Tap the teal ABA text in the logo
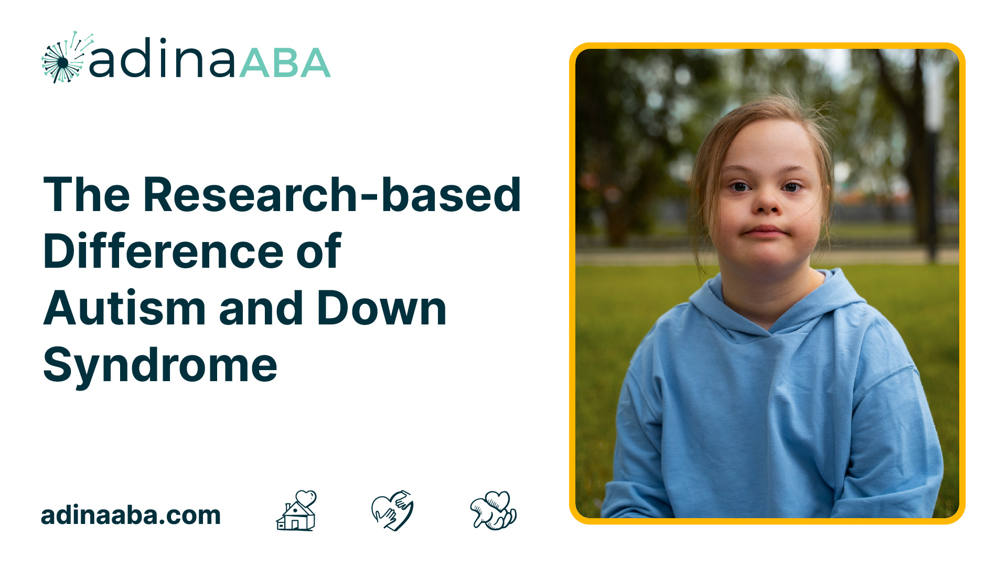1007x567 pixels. coord(285,63)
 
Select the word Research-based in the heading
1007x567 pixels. coord(332,195)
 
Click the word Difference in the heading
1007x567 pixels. coord(164,251)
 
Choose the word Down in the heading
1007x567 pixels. coord(382,308)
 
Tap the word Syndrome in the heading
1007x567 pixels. coord(160,366)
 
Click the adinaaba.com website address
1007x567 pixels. coord(131,515)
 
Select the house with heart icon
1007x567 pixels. coord(296,510)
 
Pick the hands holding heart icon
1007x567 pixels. coord(392,510)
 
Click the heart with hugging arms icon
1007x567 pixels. coord(494,510)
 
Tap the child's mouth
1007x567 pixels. coord(765,232)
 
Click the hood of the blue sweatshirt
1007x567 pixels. coord(776,304)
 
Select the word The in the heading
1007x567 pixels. coord(87,195)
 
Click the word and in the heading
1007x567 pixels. coord(261,308)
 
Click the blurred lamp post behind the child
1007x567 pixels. coord(932,157)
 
